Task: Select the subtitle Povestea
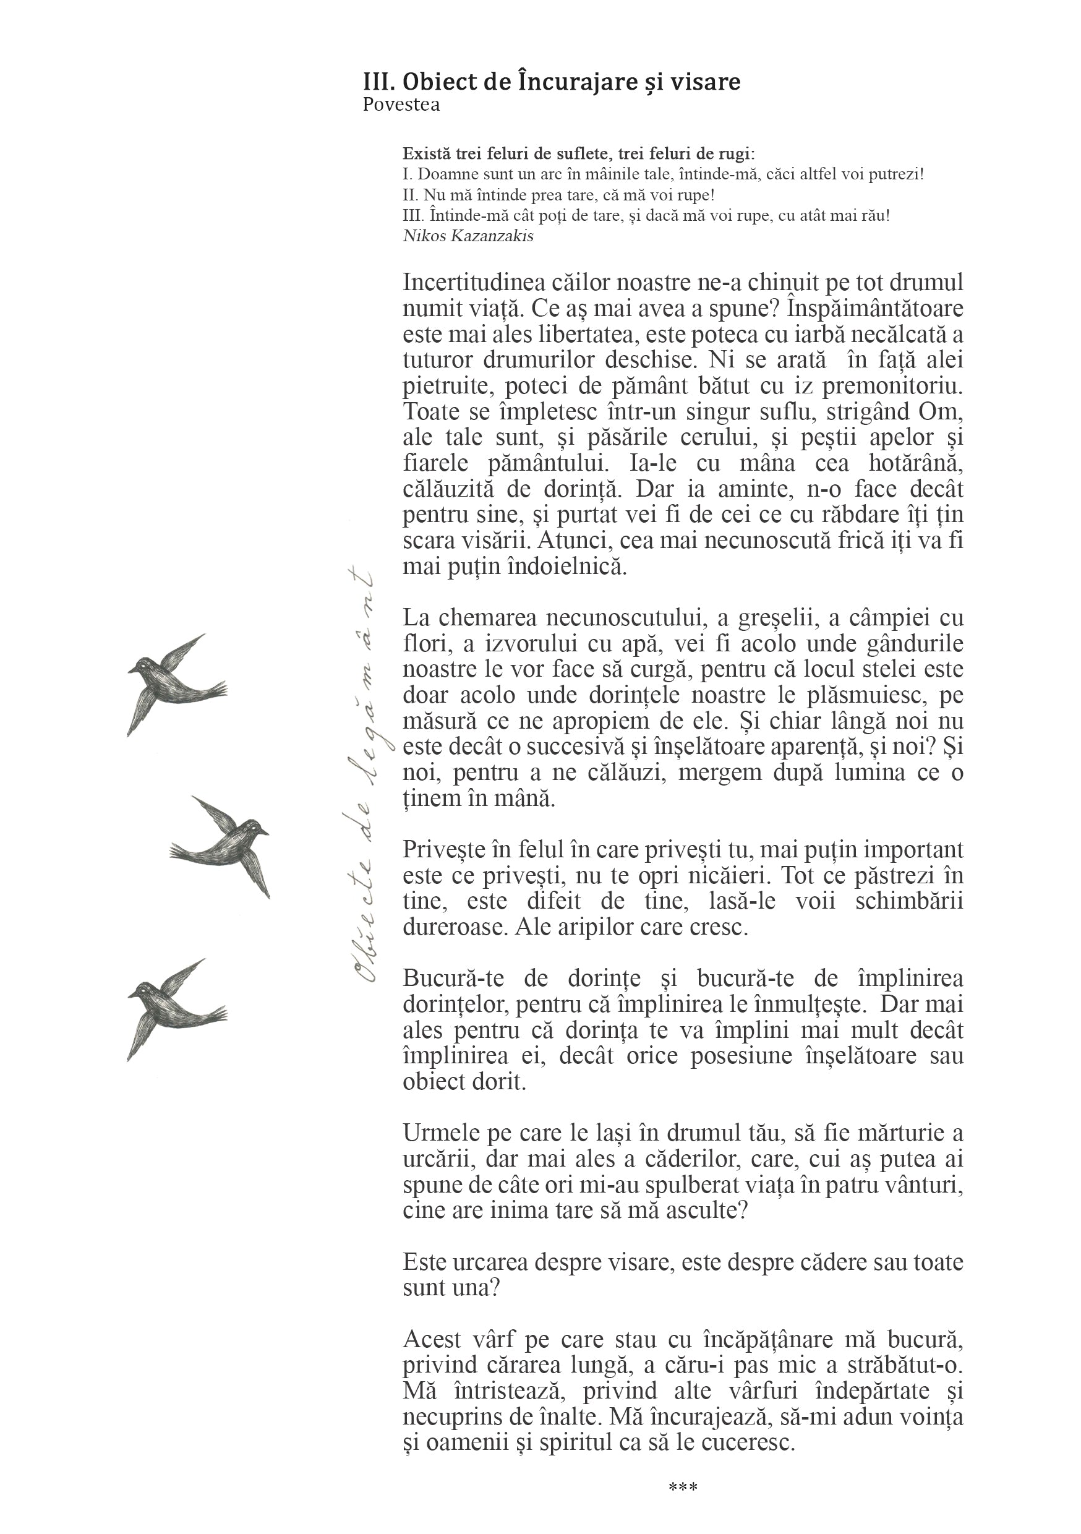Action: point(401,105)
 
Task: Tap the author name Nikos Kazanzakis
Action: point(468,236)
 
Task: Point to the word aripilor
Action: point(609,927)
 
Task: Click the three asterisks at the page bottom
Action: point(683,1487)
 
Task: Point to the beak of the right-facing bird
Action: point(265,833)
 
